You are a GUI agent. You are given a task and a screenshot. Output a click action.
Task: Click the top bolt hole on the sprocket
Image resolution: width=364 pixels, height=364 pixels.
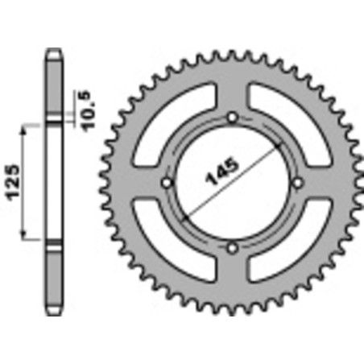point(232,119)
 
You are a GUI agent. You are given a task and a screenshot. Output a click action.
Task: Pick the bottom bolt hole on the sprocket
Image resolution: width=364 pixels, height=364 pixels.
point(232,246)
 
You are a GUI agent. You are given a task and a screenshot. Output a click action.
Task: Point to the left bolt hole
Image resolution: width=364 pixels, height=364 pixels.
point(168,183)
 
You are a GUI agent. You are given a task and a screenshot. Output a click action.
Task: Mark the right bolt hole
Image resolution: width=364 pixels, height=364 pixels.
point(296,183)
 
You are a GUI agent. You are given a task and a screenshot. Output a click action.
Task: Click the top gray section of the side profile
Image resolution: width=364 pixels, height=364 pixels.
point(54,89)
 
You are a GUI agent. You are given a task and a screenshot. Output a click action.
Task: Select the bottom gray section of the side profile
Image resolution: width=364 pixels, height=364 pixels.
point(54,278)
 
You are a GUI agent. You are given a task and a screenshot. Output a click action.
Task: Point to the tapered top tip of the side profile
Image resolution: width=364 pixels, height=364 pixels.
point(54,53)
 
